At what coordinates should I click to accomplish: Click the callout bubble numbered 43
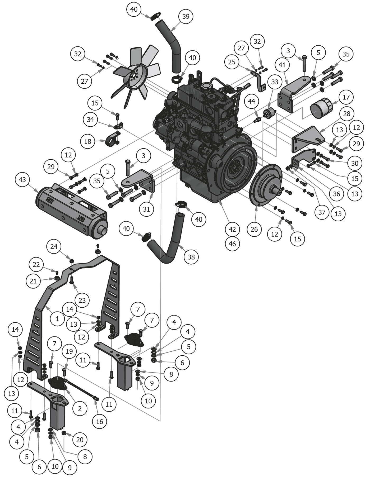coord(22,180)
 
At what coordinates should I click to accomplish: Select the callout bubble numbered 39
coord(186,16)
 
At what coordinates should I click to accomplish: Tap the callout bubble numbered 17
coord(346,97)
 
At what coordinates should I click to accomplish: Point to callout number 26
coord(254,229)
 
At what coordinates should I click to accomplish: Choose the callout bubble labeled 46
coord(232,244)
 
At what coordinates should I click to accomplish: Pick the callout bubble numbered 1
coord(57,319)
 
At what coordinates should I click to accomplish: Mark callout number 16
coord(99,422)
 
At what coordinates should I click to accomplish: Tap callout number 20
coord(80,440)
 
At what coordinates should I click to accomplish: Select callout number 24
coord(54,246)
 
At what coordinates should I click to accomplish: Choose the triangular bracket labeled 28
coord(308,139)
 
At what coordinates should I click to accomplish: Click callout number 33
coord(275,82)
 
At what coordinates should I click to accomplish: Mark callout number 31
coord(146,209)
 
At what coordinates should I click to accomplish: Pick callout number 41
coord(282,65)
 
